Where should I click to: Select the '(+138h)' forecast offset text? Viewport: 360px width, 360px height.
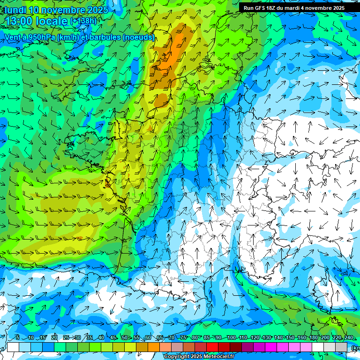(x=83, y=21)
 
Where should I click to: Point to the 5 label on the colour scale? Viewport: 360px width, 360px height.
(x=17, y=338)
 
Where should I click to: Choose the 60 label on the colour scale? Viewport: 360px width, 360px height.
(x=148, y=338)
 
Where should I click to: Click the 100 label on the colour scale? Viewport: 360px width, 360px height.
(x=231, y=338)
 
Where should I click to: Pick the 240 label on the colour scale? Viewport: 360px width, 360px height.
(x=349, y=338)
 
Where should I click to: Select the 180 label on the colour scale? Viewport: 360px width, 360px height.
(x=313, y=338)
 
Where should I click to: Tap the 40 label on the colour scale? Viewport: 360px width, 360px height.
(x=101, y=338)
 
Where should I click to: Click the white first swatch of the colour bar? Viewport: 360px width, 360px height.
(x=13, y=347)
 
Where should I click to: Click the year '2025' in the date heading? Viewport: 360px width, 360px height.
(x=97, y=10)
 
